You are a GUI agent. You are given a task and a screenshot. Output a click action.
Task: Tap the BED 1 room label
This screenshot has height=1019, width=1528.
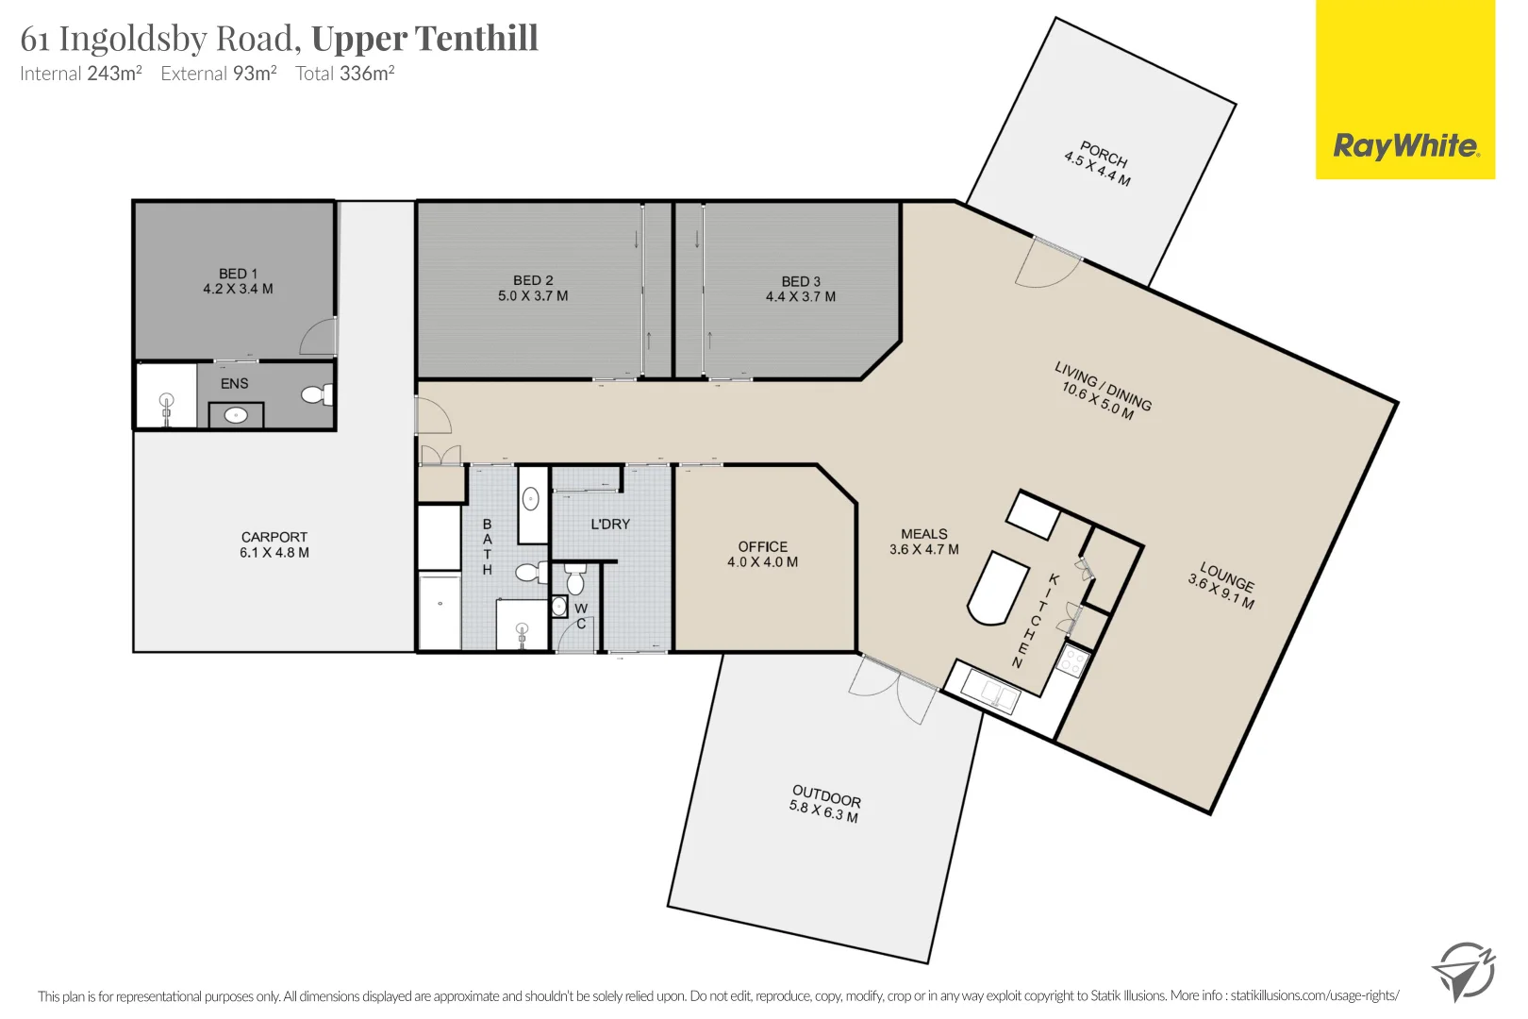pos(238,274)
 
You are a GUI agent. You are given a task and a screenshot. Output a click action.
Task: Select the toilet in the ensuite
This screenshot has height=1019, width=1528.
pos(317,394)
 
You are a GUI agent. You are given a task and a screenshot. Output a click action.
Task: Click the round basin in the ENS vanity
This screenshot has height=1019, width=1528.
pos(235,414)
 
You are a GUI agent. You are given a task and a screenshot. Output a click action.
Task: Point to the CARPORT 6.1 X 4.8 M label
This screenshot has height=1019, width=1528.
pos(274,544)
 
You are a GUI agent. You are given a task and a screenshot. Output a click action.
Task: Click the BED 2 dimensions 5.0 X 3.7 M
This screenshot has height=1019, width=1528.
pos(533,296)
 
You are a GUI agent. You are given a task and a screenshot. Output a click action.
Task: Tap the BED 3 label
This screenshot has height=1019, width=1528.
pos(801,281)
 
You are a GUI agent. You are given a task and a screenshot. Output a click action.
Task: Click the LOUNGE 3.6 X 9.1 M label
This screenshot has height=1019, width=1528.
pos(1223,585)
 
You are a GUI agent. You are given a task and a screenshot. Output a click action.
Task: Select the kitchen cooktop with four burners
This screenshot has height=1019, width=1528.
pos(1072,661)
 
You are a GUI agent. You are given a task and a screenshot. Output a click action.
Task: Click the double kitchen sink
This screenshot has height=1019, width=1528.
pos(990,693)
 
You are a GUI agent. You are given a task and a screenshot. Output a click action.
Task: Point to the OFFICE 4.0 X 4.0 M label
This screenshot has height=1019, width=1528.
pos(762,554)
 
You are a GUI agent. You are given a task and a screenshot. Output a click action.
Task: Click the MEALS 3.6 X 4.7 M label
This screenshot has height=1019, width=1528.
pos(923,542)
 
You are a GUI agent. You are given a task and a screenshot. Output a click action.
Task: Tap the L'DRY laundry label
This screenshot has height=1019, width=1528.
pos(610,524)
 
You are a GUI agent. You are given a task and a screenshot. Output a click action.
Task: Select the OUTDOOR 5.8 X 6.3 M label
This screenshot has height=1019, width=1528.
pos(825,803)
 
